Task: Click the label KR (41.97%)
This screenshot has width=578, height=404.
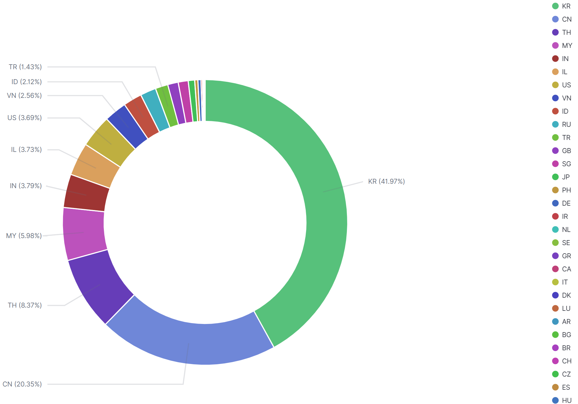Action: click(x=386, y=181)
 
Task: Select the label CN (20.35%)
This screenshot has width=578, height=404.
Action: click(x=22, y=384)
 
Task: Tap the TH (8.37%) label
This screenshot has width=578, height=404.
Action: click(x=25, y=305)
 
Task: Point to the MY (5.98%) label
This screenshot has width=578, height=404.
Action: click(x=24, y=236)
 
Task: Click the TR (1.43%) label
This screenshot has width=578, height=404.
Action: click(x=25, y=67)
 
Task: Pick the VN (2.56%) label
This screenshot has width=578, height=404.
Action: click(x=24, y=96)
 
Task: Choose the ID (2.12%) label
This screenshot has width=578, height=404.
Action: click(x=27, y=82)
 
